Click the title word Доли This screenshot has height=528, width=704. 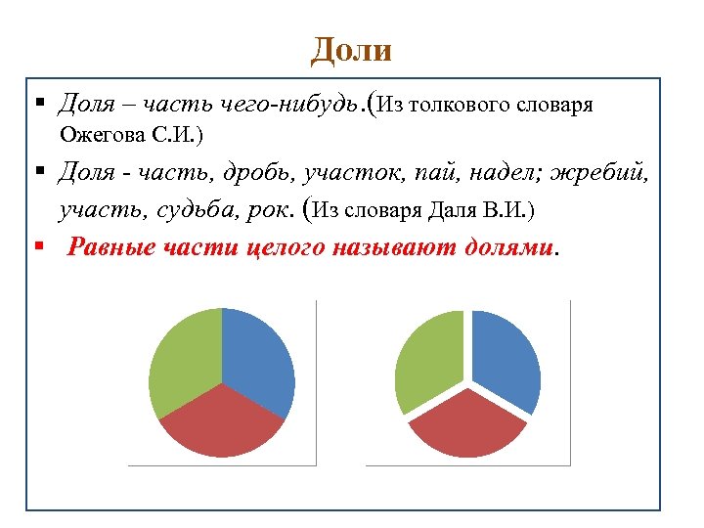[x=351, y=49]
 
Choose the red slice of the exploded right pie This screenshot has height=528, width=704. [x=466, y=425]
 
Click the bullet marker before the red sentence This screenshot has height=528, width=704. [x=38, y=246]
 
